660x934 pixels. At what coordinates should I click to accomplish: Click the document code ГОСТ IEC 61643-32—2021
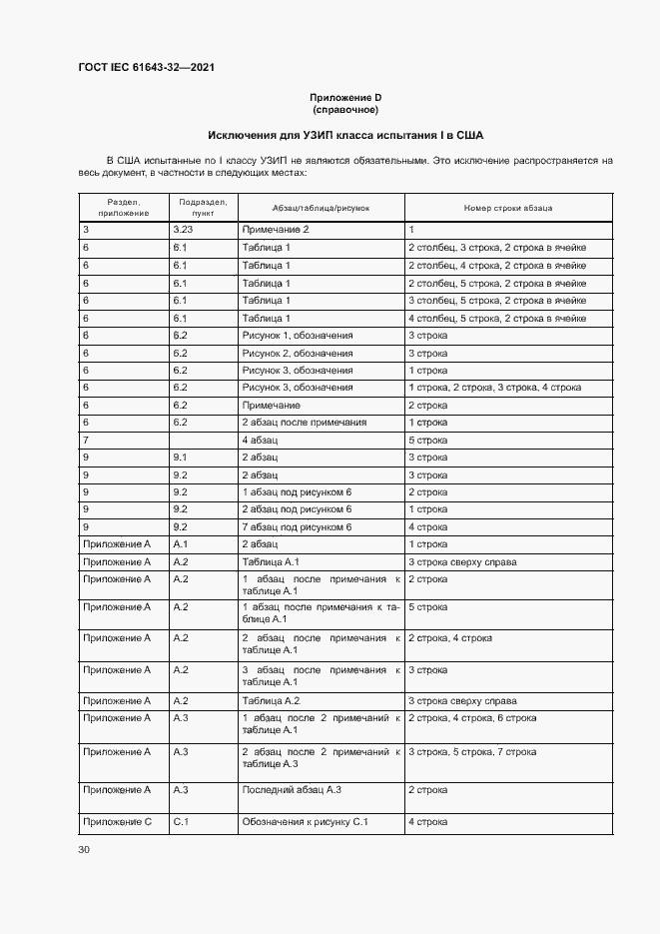146,68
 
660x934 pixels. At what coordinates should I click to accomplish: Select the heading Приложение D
345,97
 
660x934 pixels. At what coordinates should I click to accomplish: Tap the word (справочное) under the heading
345,109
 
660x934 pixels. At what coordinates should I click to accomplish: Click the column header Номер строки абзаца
508,208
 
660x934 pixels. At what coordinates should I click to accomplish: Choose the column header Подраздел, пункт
203,208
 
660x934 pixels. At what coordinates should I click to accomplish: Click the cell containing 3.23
184,230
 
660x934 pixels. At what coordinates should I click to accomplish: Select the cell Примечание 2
276,230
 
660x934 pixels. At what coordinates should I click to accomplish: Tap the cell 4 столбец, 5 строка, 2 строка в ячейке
496,318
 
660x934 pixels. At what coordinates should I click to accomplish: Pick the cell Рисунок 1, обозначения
297,336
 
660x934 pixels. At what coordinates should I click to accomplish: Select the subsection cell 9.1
181,458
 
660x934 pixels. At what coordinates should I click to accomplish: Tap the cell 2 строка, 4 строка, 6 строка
472,718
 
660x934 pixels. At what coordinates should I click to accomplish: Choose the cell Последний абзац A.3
292,790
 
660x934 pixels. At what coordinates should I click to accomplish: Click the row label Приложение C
117,822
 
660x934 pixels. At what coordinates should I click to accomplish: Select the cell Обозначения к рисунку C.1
306,822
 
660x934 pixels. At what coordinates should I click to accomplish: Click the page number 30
84,850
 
